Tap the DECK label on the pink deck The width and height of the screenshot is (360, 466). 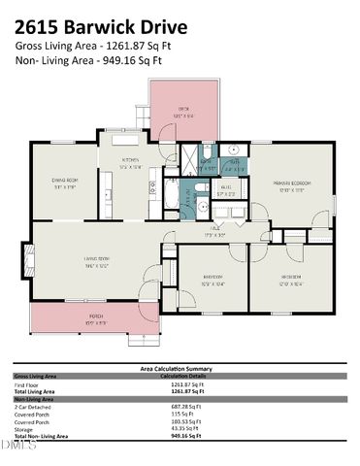182,109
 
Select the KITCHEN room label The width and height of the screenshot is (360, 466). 130,161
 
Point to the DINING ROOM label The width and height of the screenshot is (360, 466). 64,181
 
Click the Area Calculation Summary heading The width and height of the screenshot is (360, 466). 180,368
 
